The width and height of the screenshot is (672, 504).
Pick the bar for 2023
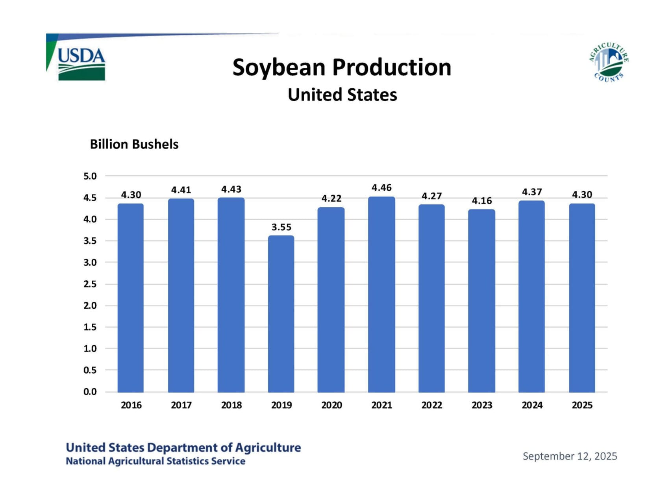(x=481, y=301)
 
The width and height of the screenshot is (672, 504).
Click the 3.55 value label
(x=281, y=227)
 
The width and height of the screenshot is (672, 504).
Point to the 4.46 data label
(x=381, y=188)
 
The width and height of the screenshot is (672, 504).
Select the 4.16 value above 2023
(x=482, y=201)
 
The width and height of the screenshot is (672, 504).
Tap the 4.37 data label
(x=532, y=192)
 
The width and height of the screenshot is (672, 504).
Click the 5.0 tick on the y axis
(x=90, y=176)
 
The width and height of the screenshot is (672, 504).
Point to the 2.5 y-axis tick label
(x=90, y=284)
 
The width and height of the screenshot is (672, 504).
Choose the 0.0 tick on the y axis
(x=90, y=392)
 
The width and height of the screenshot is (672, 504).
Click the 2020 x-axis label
(x=331, y=405)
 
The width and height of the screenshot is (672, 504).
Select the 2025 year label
(x=582, y=405)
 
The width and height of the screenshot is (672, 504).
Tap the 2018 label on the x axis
(x=231, y=405)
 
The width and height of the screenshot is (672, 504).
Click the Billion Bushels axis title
(x=134, y=145)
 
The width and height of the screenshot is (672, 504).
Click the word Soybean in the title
(x=279, y=67)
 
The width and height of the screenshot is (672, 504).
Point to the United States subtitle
(x=342, y=95)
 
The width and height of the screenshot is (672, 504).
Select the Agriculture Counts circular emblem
(x=609, y=62)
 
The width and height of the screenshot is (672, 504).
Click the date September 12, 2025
(x=570, y=456)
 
